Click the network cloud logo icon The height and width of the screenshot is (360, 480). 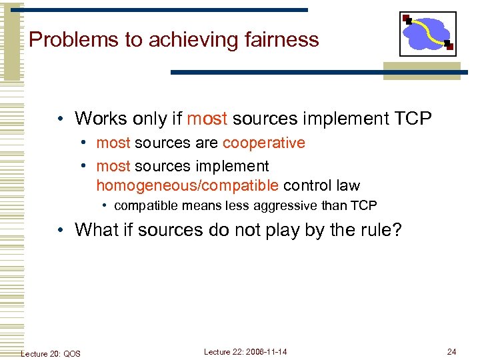pos(427,33)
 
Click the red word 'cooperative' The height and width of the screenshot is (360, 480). pos(264,143)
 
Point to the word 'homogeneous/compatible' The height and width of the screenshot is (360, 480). pos(187,185)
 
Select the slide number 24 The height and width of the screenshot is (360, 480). pos(452,351)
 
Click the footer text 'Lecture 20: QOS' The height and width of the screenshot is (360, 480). pos(51,353)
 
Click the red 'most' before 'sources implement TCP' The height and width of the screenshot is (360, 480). pos(207,119)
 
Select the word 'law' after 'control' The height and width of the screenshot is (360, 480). pos(347,185)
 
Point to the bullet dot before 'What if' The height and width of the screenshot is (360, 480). pos(61,230)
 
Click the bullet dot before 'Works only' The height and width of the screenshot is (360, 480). pos(61,120)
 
